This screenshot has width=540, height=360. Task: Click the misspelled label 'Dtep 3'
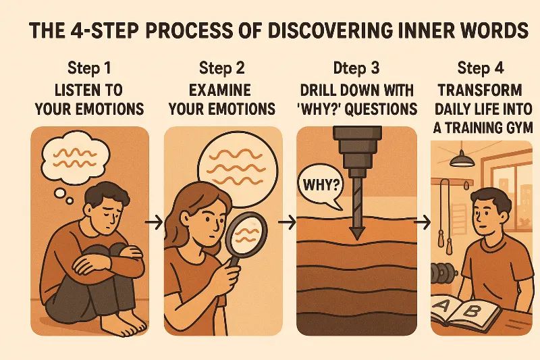click(x=356, y=68)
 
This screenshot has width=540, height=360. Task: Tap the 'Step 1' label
click(x=90, y=68)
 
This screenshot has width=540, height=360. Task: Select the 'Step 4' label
click(x=481, y=68)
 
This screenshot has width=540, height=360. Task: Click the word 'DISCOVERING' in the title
click(x=329, y=30)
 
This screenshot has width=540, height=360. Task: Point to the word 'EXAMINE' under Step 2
click(x=220, y=91)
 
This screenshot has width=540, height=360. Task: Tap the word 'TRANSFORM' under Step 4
click(x=480, y=91)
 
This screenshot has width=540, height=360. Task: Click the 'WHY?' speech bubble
click(x=321, y=186)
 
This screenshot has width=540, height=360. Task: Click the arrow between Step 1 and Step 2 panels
click(x=154, y=222)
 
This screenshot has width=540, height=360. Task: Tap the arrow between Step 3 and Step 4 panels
click(x=423, y=222)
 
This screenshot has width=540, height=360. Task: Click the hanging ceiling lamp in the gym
click(x=462, y=159)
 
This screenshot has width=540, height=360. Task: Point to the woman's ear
click(x=186, y=217)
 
